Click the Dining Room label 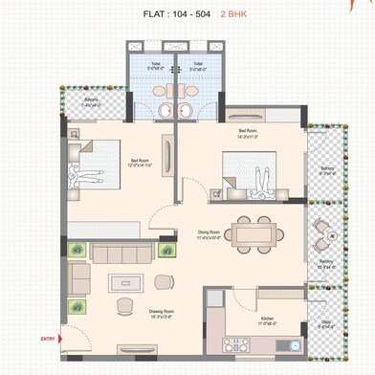click(x=209, y=231)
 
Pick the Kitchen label click(x=269, y=320)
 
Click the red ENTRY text click(x=47, y=339)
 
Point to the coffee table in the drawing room click(x=123, y=282)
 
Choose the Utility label click(x=325, y=322)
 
